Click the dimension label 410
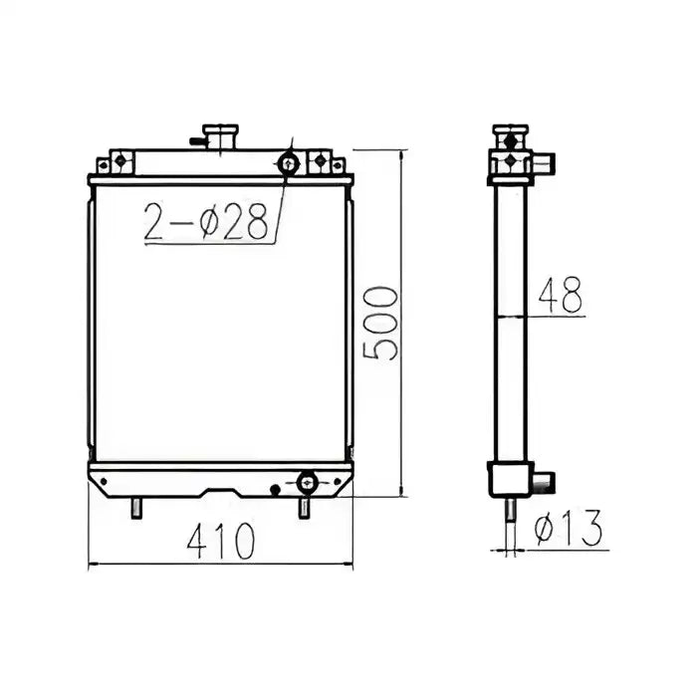coord(222,540)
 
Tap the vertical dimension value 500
coord(379,324)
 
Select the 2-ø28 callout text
coord(207,223)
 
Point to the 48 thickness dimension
coord(560,296)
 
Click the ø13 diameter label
coord(569,530)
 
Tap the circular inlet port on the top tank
coord(290,163)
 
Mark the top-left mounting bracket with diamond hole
coord(117,160)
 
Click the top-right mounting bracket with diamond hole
coord(320,160)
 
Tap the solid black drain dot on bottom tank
coord(276,488)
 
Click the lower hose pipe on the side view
coord(541,483)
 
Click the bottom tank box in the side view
coord(508,478)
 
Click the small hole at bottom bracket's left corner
coord(104,482)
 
